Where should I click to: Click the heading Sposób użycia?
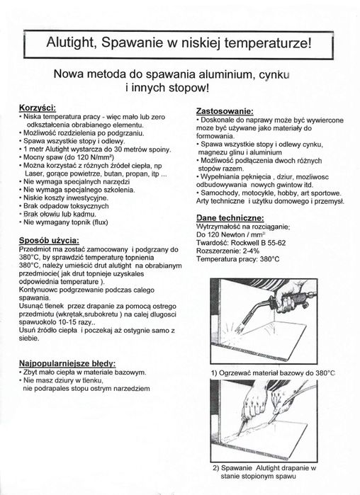(48, 241)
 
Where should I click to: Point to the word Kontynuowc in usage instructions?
(40, 290)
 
